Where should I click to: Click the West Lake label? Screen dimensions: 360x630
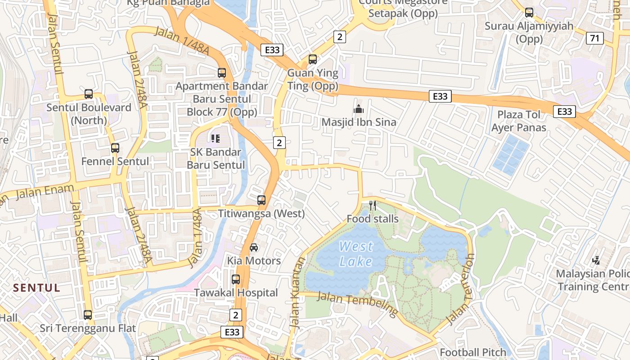point(355,254)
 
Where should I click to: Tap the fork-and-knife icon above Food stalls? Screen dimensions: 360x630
point(372,206)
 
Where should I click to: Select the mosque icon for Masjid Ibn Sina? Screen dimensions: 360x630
point(359,109)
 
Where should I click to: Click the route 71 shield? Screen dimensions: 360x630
point(594,38)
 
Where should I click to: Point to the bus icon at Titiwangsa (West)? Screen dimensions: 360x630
point(261,200)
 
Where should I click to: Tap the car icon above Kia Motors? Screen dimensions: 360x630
point(254,247)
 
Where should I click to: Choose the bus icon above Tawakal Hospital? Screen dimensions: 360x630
point(236,279)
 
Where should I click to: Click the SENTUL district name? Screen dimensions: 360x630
point(36,288)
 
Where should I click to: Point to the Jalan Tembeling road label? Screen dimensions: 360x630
point(358,303)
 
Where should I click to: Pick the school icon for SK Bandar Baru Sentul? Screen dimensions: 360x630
point(215,139)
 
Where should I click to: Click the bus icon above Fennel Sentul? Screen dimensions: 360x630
point(115,148)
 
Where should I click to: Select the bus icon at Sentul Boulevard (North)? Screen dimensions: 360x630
point(89,94)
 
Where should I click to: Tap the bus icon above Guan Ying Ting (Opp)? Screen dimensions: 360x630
point(312,59)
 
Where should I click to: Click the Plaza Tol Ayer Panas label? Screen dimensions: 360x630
point(518,121)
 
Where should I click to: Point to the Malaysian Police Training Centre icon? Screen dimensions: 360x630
point(596,260)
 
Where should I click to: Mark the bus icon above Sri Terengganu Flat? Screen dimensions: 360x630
point(88,315)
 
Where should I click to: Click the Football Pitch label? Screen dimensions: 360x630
point(472,352)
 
